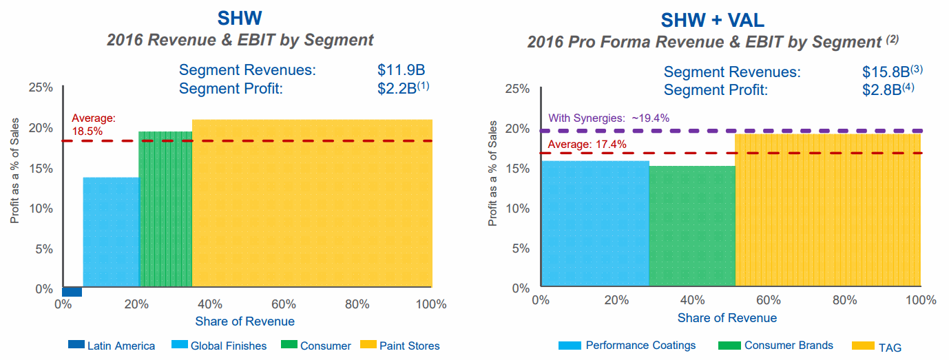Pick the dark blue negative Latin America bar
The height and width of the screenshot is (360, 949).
[72, 292]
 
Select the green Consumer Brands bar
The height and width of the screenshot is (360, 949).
[691, 226]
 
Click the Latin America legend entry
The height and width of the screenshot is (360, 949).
[112, 346]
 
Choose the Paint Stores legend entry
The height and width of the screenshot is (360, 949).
[400, 346]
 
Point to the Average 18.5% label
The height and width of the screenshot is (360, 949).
[94, 124]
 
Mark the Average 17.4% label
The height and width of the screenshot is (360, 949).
[587, 144]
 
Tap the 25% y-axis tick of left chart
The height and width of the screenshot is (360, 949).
[41, 87]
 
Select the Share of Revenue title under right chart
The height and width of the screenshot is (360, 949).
[727, 318]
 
